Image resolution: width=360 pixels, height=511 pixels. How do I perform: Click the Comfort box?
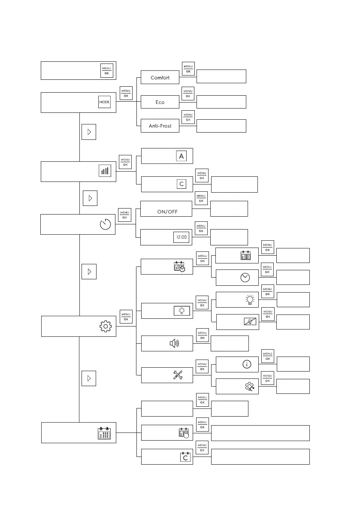point(160,78)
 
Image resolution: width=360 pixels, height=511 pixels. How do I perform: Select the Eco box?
point(160,102)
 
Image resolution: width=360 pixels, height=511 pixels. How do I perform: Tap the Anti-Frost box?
point(160,126)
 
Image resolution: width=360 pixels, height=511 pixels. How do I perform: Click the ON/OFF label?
point(167,212)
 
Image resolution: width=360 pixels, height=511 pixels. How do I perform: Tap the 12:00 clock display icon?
point(181,237)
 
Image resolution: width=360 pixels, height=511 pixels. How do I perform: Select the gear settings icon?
point(105,327)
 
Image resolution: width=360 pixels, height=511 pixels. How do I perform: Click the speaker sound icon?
point(174,343)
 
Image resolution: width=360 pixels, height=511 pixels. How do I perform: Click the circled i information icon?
point(246,364)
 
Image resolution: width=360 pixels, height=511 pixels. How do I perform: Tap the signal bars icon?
point(105,171)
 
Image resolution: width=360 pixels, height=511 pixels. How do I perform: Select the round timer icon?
point(105,225)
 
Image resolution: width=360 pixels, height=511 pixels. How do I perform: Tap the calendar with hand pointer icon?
point(184,433)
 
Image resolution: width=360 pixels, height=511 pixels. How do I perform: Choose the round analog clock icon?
point(245,278)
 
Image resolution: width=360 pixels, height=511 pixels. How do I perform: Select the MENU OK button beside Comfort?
point(188,68)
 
